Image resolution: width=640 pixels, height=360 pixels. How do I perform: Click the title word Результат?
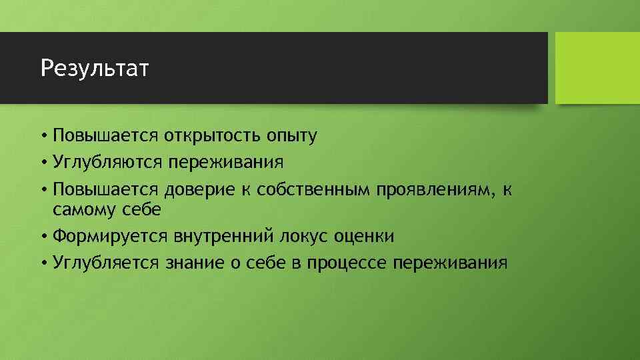point(95,68)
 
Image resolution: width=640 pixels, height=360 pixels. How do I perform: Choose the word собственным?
point(312,190)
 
